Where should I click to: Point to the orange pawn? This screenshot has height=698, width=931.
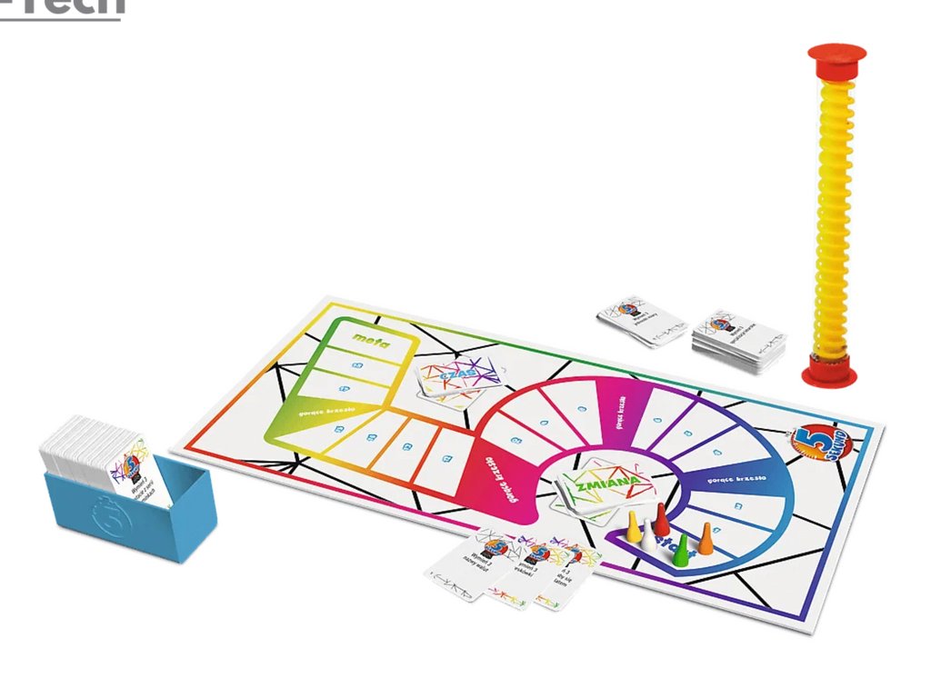(706, 537)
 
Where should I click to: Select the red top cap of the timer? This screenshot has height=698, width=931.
(836, 56)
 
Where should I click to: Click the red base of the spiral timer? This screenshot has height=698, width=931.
(829, 370)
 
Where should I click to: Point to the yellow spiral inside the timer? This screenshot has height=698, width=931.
(831, 209)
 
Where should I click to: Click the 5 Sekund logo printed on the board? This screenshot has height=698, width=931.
(812, 444)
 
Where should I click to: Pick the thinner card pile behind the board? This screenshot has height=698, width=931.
(642, 321)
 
